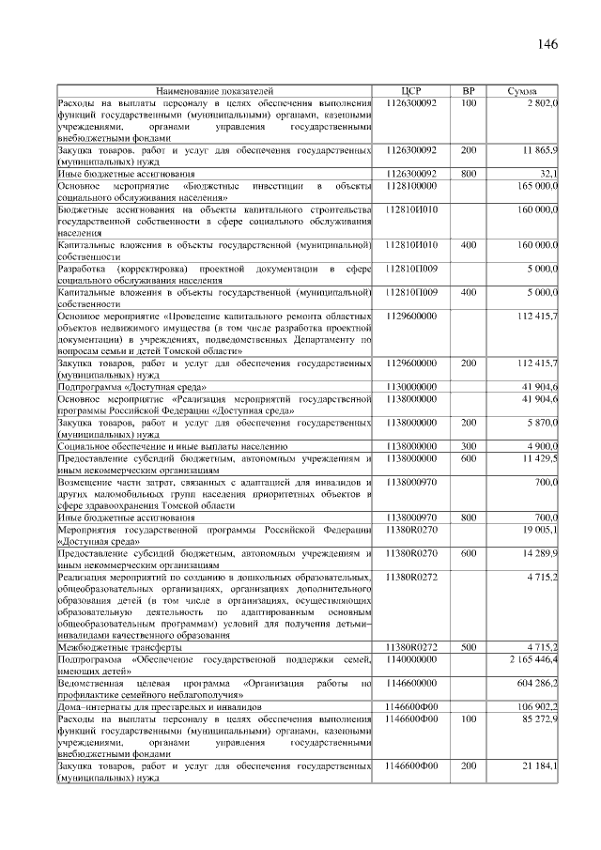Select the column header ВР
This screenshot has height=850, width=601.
pos(469,91)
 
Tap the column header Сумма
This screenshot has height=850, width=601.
pos(522,91)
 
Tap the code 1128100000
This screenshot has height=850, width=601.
pos(411,186)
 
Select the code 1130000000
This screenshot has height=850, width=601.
pos(411,386)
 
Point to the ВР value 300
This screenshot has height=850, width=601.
pos(469,446)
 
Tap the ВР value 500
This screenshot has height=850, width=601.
pos(469,647)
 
